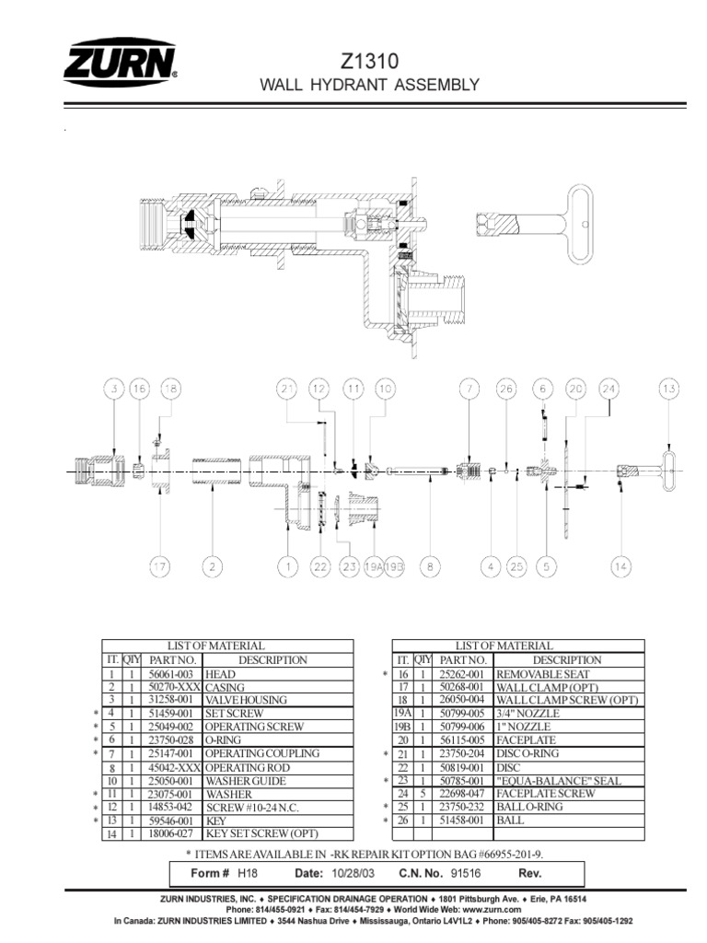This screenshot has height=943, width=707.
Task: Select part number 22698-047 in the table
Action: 463,794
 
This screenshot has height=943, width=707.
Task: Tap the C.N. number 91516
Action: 461,872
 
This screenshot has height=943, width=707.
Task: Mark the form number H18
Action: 246,872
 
